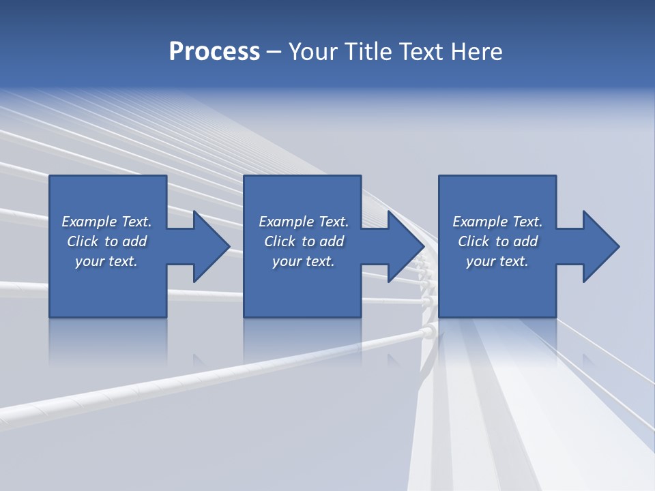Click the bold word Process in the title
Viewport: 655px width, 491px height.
[x=214, y=52]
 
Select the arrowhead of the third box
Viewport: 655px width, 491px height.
[x=600, y=246]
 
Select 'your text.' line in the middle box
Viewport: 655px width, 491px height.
[x=303, y=261]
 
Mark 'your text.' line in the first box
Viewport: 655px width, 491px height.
[x=106, y=261]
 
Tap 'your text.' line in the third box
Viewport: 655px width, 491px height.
[x=497, y=261]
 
